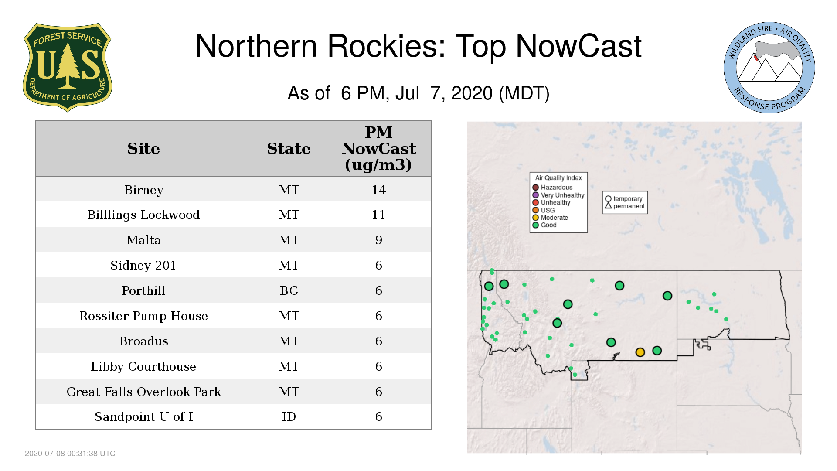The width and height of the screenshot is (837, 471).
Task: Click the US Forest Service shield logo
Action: pyautogui.click(x=67, y=68)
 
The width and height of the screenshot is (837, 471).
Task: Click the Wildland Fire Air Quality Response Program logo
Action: pyautogui.click(x=769, y=68)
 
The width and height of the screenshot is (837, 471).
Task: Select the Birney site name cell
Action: pyautogui.click(x=144, y=190)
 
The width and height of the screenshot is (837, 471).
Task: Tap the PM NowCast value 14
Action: pyautogui.click(x=378, y=190)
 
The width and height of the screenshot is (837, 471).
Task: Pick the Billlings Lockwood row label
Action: pyautogui.click(x=143, y=215)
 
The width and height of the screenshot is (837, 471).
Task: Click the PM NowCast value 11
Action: pyautogui.click(x=378, y=215)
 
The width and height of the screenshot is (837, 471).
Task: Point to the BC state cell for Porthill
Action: pyautogui.click(x=289, y=291)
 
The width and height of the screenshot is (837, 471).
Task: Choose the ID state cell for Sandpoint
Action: pyautogui.click(x=289, y=417)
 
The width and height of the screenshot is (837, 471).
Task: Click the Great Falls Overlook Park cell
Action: pyautogui.click(x=144, y=392)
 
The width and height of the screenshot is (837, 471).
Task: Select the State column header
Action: pyautogui.click(x=289, y=149)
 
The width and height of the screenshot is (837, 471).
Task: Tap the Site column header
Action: pyautogui.click(x=143, y=149)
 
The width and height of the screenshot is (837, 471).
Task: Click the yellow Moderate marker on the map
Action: pyautogui.click(x=640, y=352)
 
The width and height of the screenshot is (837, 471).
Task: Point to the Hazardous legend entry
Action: pyautogui.click(x=552, y=188)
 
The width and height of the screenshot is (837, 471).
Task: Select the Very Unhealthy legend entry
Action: pyautogui.click(x=558, y=195)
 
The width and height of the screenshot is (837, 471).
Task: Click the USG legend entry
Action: pyautogui.click(x=544, y=210)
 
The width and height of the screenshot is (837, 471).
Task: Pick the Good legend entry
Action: pyautogui.click(x=544, y=225)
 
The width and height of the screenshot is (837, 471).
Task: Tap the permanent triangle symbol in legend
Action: pyautogui.click(x=608, y=206)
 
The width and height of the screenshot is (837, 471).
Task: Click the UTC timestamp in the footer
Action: pyautogui.click(x=70, y=454)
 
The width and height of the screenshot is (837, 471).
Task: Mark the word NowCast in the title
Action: pyautogui.click(x=579, y=46)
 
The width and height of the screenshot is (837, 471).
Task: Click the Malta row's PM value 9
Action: pyautogui.click(x=378, y=240)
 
